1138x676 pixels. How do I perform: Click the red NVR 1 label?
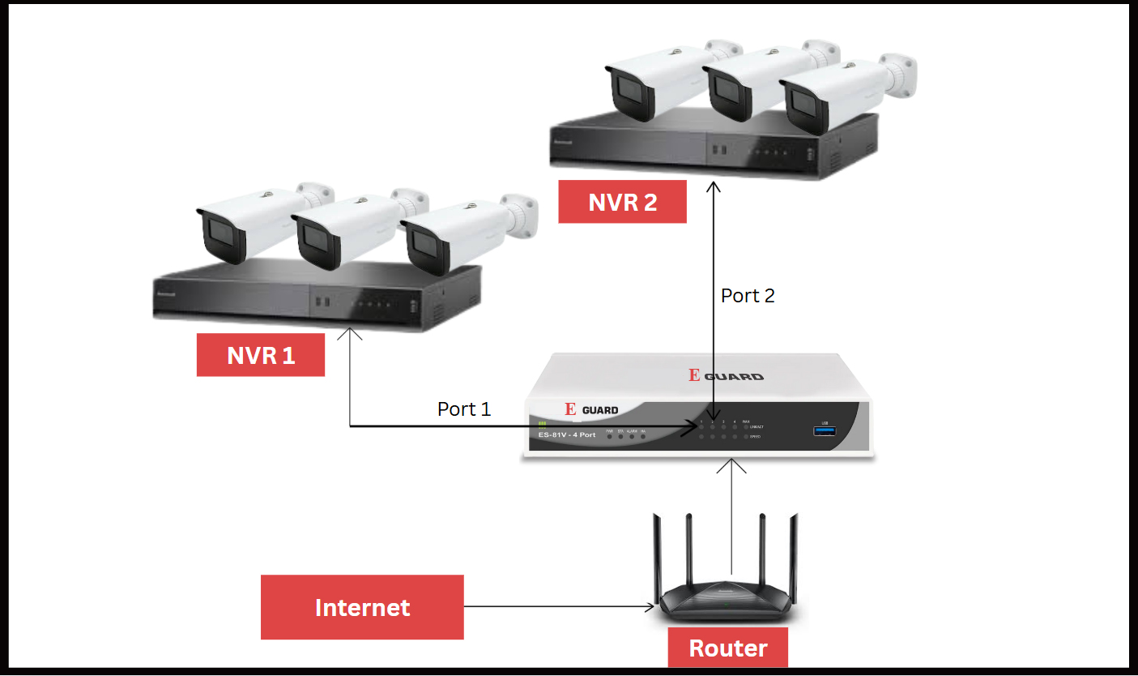261,355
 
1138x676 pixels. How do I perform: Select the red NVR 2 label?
622,202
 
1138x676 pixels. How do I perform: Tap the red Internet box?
362,607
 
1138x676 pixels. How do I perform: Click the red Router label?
727,648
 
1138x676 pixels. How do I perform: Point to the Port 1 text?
464,409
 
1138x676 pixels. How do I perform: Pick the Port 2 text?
748,296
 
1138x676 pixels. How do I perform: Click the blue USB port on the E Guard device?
825,431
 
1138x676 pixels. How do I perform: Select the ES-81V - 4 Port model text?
567,435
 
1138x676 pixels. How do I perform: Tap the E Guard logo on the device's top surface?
726,375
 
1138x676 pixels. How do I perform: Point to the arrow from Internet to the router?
559,606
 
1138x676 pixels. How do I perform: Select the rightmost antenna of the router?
794,551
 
